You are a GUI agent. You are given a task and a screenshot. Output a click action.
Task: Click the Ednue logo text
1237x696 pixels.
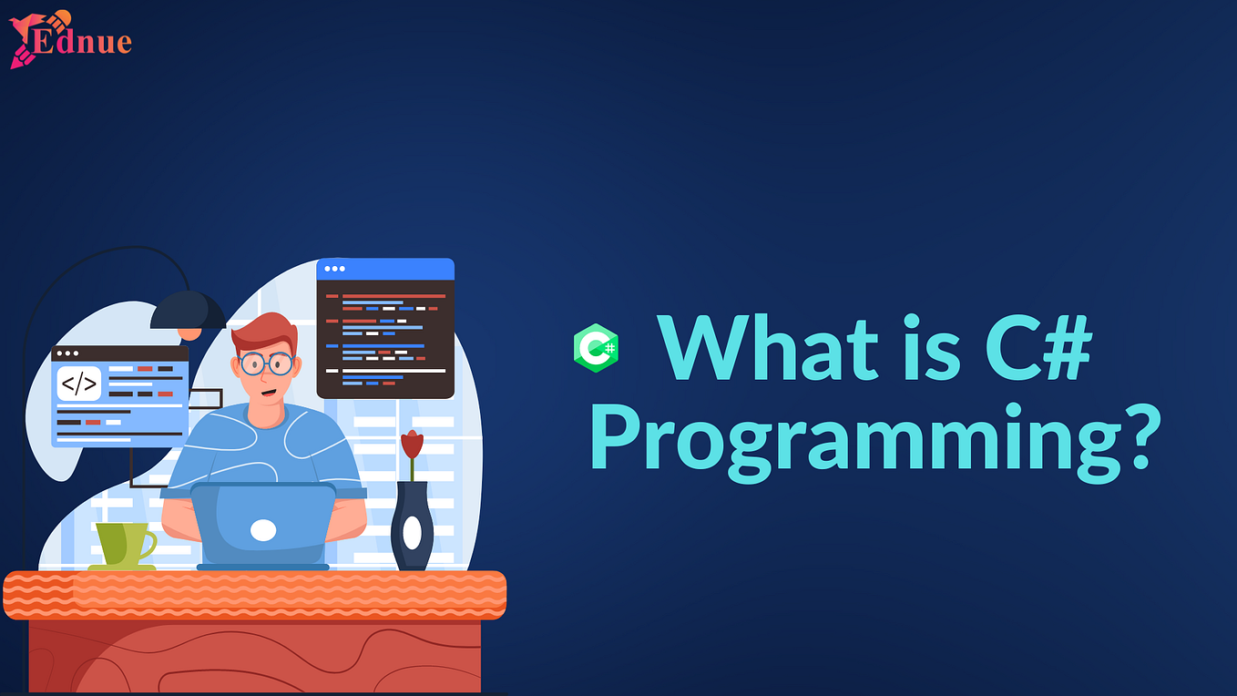(x=82, y=42)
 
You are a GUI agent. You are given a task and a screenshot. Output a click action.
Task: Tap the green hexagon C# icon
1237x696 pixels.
(x=596, y=348)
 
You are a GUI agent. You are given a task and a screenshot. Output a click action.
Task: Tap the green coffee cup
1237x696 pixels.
(x=121, y=544)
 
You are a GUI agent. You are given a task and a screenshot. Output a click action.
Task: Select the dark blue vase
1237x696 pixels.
(x=412, y=527)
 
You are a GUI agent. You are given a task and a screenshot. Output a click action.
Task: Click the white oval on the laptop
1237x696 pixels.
(x=263, y=530)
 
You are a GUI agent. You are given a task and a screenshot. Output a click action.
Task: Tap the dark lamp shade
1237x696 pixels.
(x=188, y=310)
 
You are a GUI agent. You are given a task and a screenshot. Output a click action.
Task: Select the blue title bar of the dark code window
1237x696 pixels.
(x=385, y=269)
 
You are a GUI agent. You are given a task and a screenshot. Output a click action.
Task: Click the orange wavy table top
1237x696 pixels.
(x=255, y=594)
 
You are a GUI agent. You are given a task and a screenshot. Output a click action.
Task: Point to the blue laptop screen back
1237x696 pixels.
(x=263, y=524)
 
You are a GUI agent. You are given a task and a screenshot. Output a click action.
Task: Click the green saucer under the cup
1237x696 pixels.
(x=121, y=568)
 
